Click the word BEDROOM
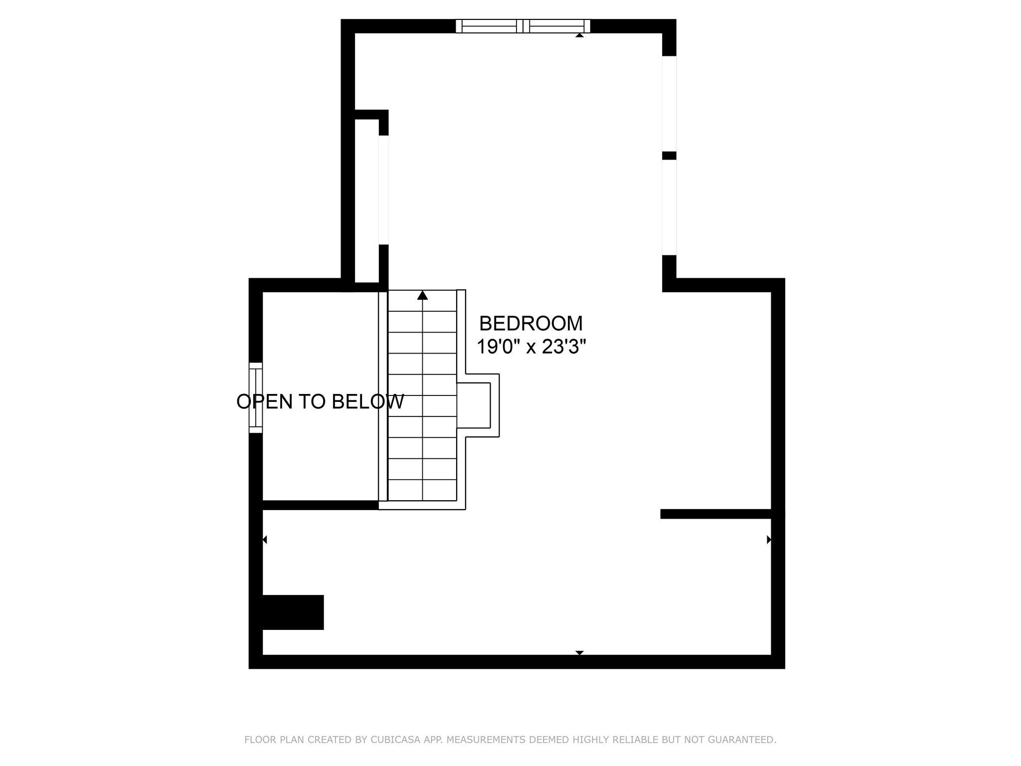[530, 324]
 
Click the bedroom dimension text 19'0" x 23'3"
[530, 347]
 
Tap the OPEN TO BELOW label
[320, 401]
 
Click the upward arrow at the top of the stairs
[423, 295]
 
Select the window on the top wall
[522, 26]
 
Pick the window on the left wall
[256, 397]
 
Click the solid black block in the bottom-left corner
[293, 612]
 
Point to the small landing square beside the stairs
[474, 405]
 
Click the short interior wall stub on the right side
[716, 514]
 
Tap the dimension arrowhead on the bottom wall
[579, 652]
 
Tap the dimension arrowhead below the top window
[579, 35]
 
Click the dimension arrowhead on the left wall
[265, 540]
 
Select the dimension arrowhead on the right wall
[769, 540]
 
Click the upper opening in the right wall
[669, 103]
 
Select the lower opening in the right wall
[669, 207]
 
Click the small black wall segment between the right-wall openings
[669, 156]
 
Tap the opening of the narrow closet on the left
[383, 190]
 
